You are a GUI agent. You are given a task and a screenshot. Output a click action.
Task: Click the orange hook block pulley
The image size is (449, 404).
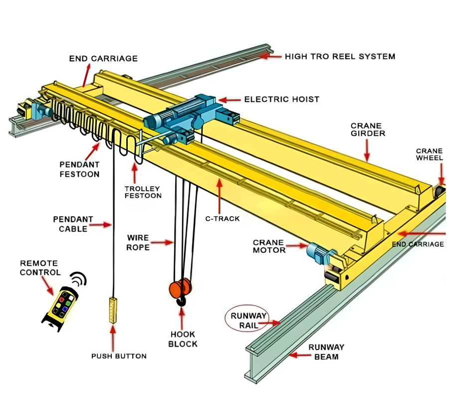pos(181,288)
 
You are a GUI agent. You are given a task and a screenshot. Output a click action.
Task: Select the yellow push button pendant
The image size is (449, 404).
pos(112,310)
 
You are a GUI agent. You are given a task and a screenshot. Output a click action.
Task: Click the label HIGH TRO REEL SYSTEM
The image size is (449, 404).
pos(340,56)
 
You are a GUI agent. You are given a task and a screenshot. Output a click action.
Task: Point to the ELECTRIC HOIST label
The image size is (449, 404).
pos(281,99)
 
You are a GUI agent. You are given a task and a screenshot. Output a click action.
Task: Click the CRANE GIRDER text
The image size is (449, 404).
pos(367,130)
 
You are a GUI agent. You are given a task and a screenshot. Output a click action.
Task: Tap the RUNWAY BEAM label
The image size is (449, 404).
pos(326,352)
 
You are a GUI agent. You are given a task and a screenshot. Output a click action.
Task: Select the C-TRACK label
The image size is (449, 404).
pos(222,218)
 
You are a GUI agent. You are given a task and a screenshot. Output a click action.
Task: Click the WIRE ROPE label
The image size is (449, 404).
pos(138,242)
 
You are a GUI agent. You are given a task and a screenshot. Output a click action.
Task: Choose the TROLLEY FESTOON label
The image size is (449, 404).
pos(143,192)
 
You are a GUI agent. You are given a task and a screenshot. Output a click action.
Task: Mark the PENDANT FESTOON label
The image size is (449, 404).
pos(79,169)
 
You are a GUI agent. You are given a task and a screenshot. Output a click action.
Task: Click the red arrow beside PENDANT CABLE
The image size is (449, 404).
pos(103,225)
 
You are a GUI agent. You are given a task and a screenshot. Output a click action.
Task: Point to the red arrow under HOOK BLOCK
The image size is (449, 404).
pos(182,318)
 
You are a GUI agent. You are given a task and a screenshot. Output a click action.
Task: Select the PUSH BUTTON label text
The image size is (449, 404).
pos(119,356)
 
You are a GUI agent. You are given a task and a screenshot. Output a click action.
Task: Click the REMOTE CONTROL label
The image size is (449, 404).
pos(40,268)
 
